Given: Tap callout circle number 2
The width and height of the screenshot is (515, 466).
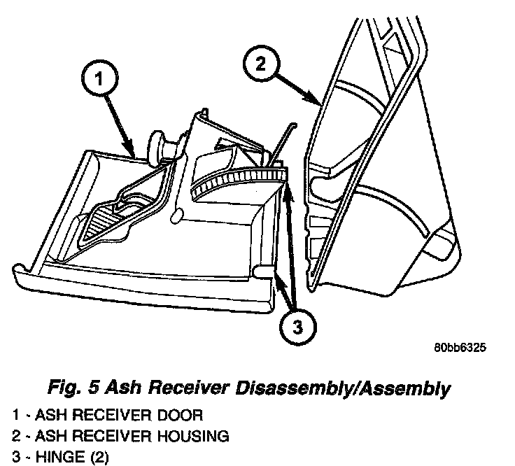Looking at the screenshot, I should pyautogui.click(x=260, y=64).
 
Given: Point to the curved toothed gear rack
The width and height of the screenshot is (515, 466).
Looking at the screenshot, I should pyautogui.click(x=238, y=178).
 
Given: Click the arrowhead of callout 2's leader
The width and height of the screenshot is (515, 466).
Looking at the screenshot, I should pyautogui.click(x=319, y=103).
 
